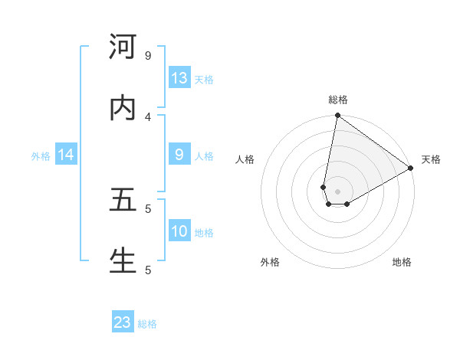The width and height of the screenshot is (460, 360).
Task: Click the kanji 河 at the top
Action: click(x=123, y=47)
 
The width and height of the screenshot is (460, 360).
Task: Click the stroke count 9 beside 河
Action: click(x=147, y=55)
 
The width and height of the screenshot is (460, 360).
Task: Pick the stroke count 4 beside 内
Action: click(x=147, y=116)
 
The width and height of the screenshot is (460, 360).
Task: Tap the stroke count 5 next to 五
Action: click(x=147, y=208)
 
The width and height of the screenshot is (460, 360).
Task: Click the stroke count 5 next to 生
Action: click(x=147, y=270)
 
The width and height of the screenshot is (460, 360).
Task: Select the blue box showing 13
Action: click(x=179, y=78)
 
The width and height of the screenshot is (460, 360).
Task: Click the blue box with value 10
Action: click(x=179, y=231)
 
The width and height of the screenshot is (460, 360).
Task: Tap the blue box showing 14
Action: click(x=66, y=155)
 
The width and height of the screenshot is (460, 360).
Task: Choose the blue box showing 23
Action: click(x=123, y=322)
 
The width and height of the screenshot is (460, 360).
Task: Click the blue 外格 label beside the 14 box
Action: click(x=41, y=155)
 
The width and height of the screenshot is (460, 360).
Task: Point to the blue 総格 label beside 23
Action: click(x=147, y=324)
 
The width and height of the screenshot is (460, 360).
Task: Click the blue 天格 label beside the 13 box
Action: click(x=204, y=79)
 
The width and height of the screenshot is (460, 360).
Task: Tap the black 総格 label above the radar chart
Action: click(x=338, y=100)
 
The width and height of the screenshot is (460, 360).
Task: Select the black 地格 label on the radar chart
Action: click(x=402, y=262)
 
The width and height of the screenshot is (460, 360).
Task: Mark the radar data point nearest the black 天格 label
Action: click(x=411, y=169)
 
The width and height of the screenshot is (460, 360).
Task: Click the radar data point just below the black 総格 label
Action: click(x=337, y=116)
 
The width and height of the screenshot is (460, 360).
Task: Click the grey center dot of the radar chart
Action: click(x=338, y=191)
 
